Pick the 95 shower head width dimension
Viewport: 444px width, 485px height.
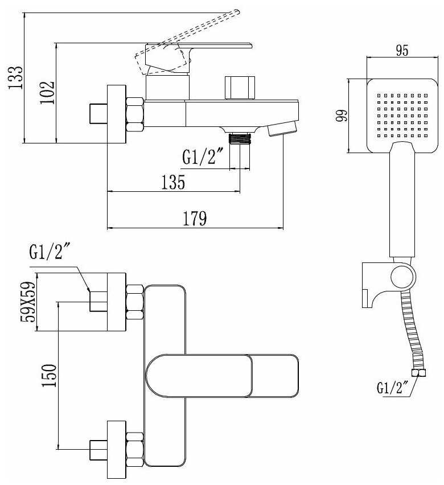tap(402, 50)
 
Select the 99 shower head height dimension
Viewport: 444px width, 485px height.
tap(341, 116)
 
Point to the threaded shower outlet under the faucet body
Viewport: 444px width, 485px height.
tap(239, 138)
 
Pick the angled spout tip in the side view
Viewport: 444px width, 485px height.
tap(282, 128)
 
